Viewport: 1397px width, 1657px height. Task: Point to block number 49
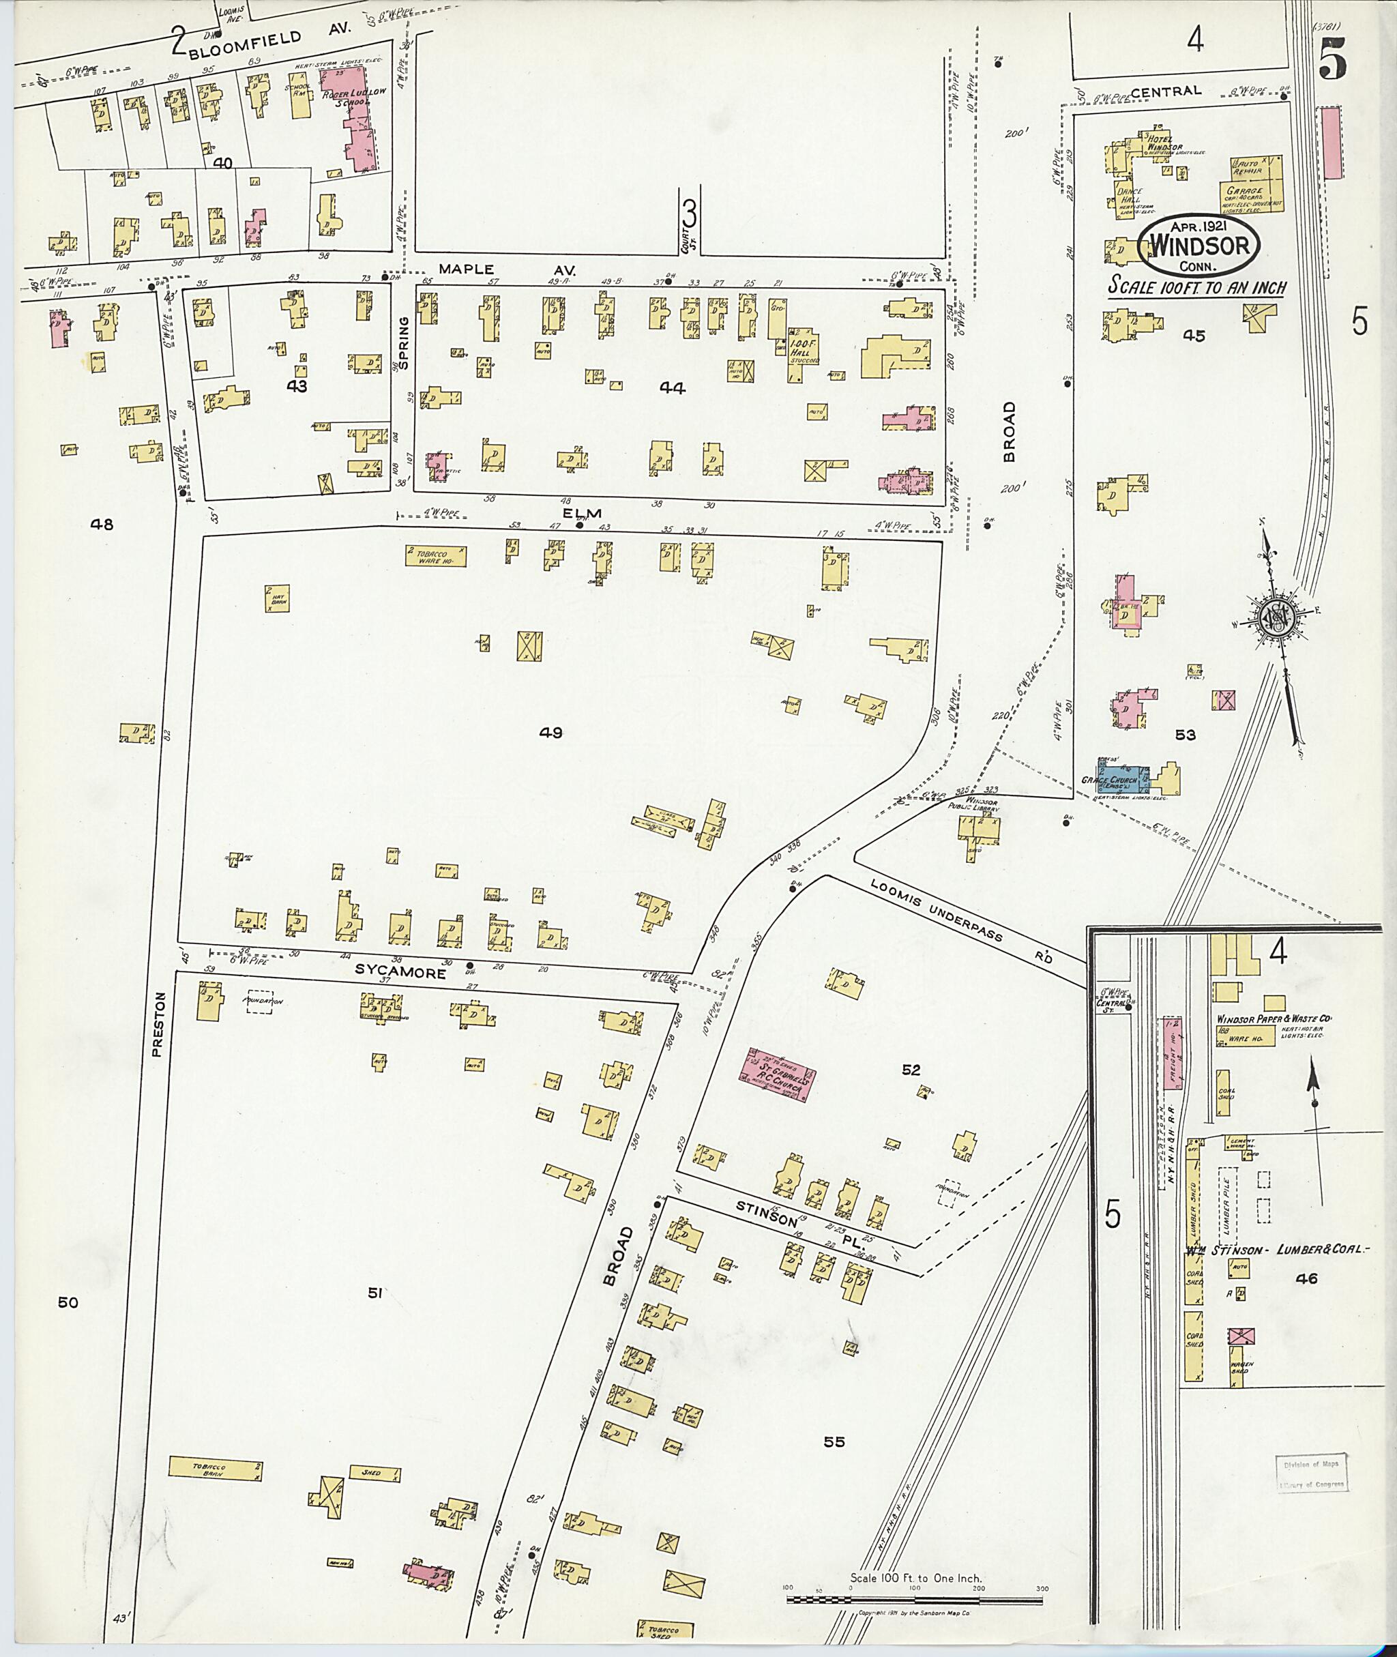(550, 733)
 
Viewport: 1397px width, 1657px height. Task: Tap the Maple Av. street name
(507, 269)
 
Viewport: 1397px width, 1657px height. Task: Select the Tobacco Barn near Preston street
(215, 1467)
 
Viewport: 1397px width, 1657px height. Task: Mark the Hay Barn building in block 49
(277, 598)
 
